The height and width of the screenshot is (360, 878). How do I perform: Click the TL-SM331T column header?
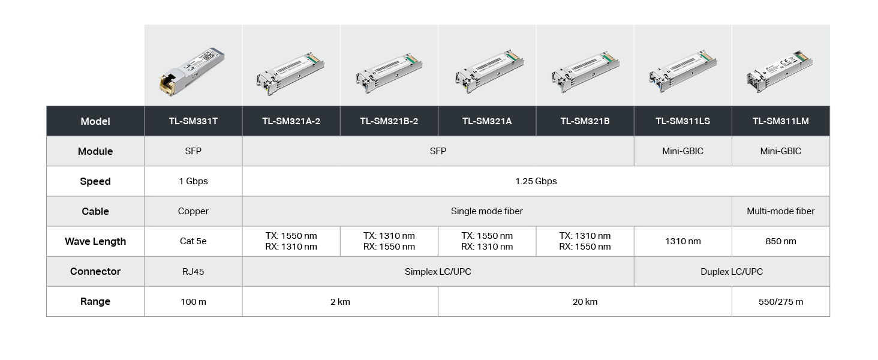193,121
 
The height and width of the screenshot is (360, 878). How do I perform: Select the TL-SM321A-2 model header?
291,121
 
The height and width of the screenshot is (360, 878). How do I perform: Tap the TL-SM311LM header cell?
781,121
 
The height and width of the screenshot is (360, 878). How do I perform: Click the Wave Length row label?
95,242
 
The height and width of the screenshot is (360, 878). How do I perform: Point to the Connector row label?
95,271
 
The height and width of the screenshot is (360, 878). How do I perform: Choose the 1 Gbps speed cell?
193,181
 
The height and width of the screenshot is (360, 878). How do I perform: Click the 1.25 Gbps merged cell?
536,181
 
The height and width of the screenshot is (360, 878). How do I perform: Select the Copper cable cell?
193,211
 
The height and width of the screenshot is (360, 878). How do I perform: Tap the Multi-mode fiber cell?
781,211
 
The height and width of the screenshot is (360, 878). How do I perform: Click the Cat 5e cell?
193,242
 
